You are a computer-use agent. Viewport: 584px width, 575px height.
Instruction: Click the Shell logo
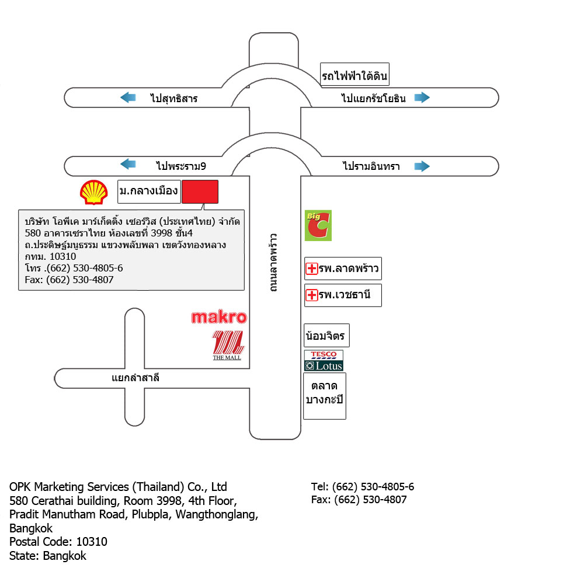pos(94,192)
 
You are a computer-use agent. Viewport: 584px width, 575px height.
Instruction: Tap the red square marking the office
pos(200,192)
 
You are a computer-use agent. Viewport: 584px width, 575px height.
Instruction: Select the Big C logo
pos(318,226)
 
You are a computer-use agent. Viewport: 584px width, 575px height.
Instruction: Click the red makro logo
pos(219,317)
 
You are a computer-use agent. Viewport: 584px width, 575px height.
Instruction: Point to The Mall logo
pos(228,345)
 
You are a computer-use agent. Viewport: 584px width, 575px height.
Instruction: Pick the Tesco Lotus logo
pos(324,361)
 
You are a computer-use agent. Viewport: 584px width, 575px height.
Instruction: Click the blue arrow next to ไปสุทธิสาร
pos(128,97)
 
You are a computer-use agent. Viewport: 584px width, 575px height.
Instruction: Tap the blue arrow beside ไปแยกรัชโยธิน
pos(422,97)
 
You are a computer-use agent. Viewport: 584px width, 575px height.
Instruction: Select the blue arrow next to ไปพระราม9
pos(128,164)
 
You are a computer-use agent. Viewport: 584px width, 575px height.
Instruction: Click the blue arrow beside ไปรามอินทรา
pos(422,166)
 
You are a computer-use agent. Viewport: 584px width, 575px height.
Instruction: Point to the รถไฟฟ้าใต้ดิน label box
pos(354,75)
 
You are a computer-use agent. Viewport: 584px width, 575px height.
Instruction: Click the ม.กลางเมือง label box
pos(149,192)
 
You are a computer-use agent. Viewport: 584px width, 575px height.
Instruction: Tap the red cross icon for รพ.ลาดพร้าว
pos(311,269)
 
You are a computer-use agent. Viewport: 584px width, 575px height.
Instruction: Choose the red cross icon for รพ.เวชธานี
pos(311,295)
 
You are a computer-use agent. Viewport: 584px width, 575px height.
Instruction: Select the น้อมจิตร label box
pos(326,336)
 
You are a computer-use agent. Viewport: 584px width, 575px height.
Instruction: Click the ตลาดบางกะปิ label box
pos(324,396)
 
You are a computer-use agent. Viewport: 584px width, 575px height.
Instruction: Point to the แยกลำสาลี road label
pos(135,378)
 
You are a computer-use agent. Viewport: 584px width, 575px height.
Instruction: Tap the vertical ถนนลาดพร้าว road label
pos(274,263)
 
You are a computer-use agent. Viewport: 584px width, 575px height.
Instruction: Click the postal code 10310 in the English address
pos(92,542)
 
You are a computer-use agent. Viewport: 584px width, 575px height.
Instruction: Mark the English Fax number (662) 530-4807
pos(371,500)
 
